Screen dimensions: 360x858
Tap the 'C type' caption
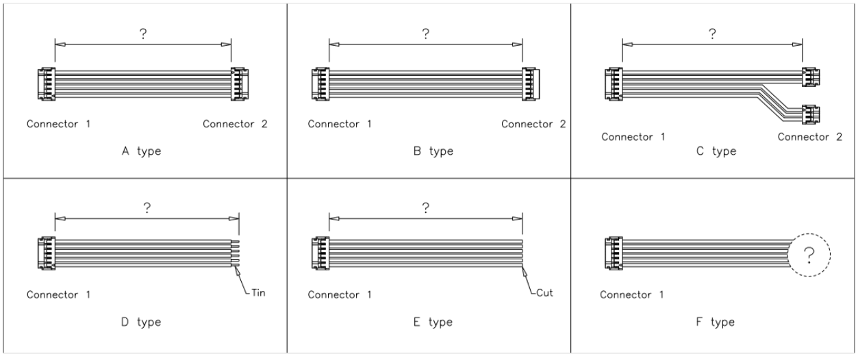pos(716,151)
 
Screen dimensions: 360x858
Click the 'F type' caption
pos(716,322)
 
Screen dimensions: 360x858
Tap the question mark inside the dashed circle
pos(809,255)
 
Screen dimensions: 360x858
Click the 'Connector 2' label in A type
pos(235,125)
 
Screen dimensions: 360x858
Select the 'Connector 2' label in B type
pos(533,125)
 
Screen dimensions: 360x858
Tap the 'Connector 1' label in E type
pos(340,295)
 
